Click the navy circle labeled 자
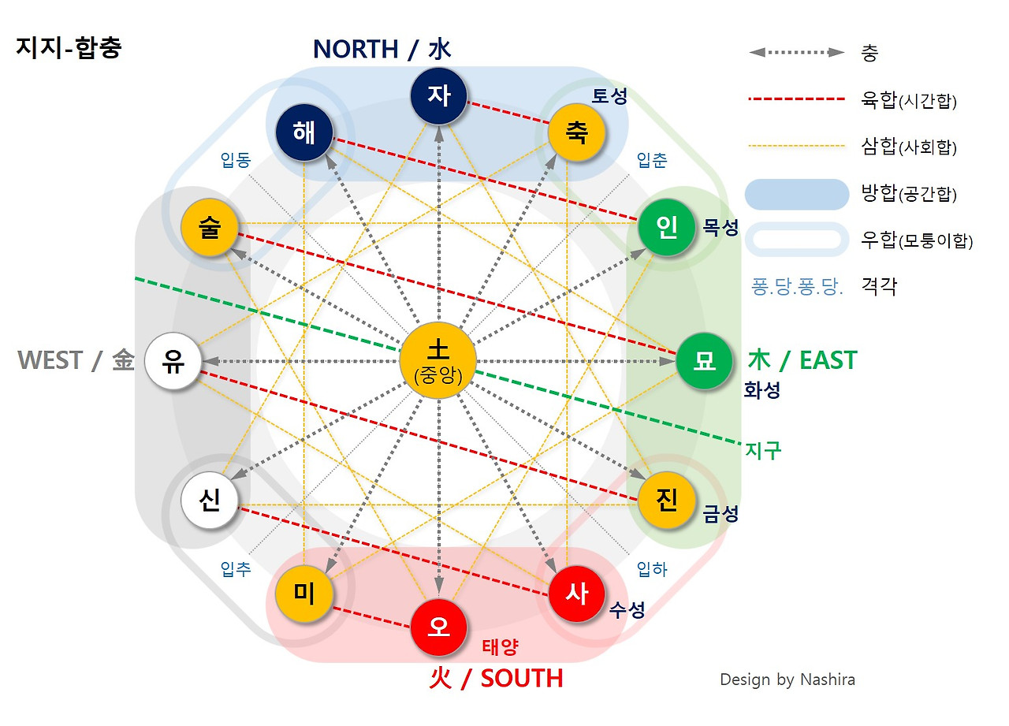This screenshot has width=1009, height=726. tap(439, 95)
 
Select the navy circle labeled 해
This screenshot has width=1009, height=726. tap(304, 132)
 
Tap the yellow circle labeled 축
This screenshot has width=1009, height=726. tap(576, 132)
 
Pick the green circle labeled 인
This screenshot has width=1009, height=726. tap(667, 229)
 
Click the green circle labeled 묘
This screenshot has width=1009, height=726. tap(704, 361)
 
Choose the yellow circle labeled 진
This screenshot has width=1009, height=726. tap(667, 500)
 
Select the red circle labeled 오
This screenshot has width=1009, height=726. tap(439, 627)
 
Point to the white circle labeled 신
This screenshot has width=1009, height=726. tap(210, 500)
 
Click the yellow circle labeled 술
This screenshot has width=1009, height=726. tap(210, 229)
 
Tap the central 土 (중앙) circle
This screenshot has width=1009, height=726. tap(438, 361)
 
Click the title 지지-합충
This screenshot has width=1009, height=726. tap(69, 48)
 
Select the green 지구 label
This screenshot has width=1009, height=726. tap(762, 451)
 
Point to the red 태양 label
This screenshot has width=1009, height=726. tap(500, 647)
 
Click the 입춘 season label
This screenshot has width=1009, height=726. tap(651, 161)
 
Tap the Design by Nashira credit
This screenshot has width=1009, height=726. tap(787, 679)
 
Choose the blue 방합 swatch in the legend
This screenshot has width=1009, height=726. tap(797, 194)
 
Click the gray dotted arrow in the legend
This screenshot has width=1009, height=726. tap(797, 53)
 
